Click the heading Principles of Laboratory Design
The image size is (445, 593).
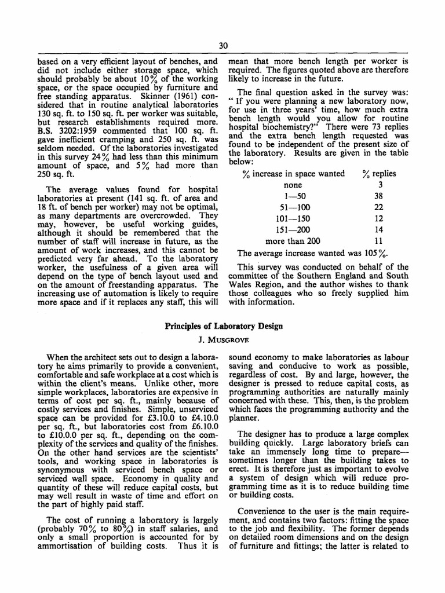tap(224, 326)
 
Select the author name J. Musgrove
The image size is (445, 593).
tap(224, 338)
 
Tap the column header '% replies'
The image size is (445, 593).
tap(380, 174)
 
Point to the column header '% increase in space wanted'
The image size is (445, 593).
tap(293, 174)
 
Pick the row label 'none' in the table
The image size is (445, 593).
tap(293, 185)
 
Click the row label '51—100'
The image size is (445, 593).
tap(293, 207)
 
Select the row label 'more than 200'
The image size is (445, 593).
tap(293, 241)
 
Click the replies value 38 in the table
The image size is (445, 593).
tap(380, 196)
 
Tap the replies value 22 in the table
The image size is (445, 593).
tap(380, 207)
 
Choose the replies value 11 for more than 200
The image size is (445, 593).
tap(380, 241)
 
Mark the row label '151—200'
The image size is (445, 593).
tap(293, 230)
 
